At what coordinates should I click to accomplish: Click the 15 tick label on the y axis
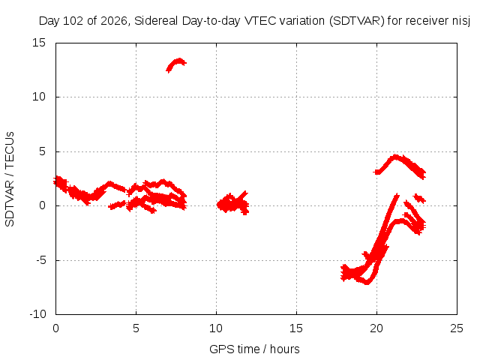(39, 43)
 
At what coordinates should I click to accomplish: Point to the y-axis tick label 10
(39, 97)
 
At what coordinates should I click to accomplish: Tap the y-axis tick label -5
(41, 260)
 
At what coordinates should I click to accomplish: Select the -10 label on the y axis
(38, 314)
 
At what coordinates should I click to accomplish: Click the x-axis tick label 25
(457, 328)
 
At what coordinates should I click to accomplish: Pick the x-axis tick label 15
(296, 328)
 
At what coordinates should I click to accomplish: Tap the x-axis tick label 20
(376, 328)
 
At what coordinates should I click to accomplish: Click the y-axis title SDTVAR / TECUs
(10, 179)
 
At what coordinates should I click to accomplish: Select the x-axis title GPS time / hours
(254, 349)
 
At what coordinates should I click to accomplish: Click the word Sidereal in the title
(156, 21)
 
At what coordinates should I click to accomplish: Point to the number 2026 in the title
(113, 21)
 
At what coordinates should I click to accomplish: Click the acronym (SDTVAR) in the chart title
(357, 21)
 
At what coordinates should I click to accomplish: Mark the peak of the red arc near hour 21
(396, 157)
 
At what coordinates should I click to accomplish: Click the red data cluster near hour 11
(232, 202)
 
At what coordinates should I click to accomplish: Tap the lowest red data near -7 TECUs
(367, 282)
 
